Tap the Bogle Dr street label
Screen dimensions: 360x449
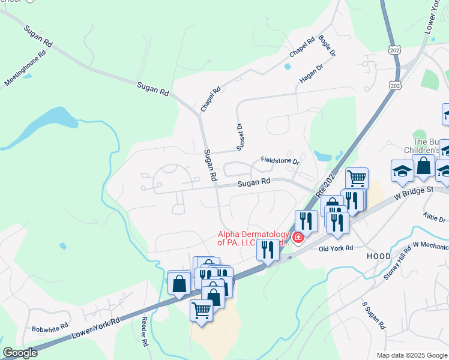point(327,46)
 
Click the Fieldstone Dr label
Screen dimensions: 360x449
point(280,161)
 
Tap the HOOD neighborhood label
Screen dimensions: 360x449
point(379,256)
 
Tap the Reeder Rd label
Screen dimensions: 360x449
point(145,332)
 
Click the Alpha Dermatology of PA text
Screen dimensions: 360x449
point(253,239)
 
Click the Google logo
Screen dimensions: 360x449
point(20,353)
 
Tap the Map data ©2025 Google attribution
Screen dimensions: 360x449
point(411,355)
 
